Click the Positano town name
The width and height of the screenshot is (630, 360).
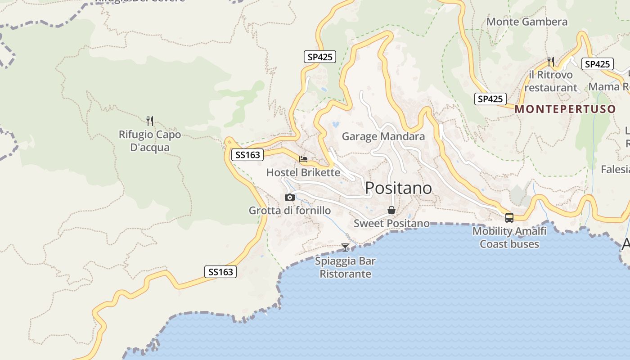(x=398, y=188)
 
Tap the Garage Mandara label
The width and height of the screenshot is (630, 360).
(x=383, y=136)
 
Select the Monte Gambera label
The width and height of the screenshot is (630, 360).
(x=527, y=22)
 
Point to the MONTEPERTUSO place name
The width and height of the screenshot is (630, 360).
(x=565, y=109)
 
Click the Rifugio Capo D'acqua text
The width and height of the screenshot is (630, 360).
(x=150, y=141)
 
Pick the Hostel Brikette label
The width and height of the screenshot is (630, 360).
(x=303, y=172)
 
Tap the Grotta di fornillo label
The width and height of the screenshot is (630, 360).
(x=290, y=211)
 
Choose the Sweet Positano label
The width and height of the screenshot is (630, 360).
(x=391, y=223)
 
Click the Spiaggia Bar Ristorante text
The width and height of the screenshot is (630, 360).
(x=345, y=267)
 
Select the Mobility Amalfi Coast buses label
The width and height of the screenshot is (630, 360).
(x=509, y=238)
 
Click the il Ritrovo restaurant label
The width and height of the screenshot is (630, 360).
(x=551, y=81)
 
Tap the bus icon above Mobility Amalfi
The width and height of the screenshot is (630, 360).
(x=509, y=218)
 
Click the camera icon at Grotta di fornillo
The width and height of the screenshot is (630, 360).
(x=290, y=197)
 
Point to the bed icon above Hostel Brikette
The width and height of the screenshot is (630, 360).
(x=303, y=159)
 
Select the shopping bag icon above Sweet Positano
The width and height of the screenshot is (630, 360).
(x=391, y=210)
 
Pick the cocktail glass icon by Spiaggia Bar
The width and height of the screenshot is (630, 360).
(x=345, y=247)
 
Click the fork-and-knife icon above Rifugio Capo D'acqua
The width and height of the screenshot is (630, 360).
(x=150, y=121)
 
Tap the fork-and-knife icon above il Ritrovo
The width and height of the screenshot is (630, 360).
(x=551, y=61)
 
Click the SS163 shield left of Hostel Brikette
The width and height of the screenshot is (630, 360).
(x=247, y=155)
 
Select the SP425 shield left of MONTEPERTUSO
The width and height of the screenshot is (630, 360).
(x=490, y=99)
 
